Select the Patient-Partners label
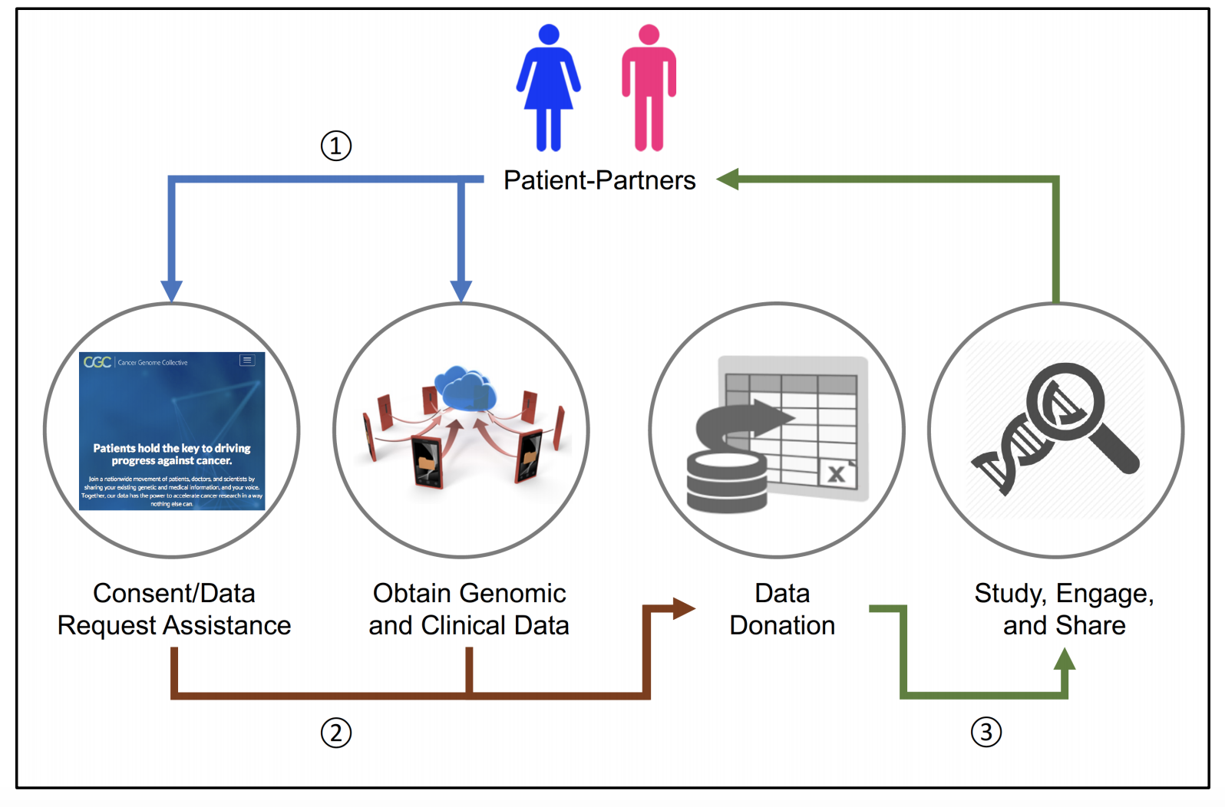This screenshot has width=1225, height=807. (599, 180)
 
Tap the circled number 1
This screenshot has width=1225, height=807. (335, 145)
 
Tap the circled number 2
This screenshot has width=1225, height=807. (335, 733)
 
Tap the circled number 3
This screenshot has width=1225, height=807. (986, 732)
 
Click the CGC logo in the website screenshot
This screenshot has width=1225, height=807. (97, 362)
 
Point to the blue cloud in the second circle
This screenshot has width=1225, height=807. (464, 388)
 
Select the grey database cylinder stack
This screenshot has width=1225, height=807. (726, 482)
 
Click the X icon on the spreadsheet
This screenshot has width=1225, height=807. (837, 473)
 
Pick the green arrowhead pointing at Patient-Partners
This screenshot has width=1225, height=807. (727, 180)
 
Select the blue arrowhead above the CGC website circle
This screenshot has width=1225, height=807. (171, 291)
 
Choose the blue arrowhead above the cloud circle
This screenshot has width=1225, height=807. (461, 291)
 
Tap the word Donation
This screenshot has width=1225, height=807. (781, 625)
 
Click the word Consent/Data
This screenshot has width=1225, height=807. (173, 593)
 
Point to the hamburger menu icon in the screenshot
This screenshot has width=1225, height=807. (247, 360)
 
